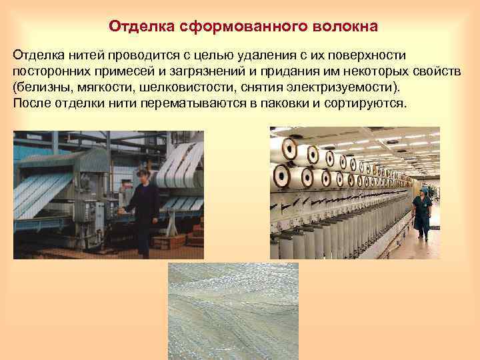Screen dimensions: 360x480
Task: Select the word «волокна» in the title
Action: [x=343, y=27]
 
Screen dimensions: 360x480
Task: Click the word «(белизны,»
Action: [x=42, y=87]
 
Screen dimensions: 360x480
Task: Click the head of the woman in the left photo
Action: [x=141, y=177]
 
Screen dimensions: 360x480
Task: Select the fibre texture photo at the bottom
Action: [x=233, y=311]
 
